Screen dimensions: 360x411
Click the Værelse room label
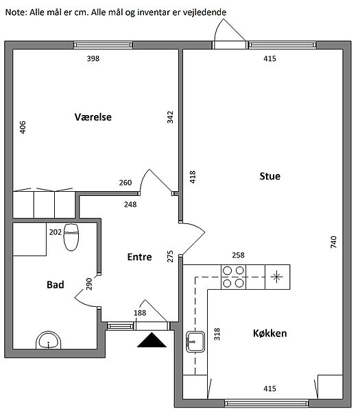coord(93,117)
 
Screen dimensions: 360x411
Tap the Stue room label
coord(269,176)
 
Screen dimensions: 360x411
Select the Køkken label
coord(269,334)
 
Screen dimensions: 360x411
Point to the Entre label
coord(139,257)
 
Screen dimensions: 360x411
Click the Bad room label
coord(55,285)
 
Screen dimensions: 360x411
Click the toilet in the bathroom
coord(71,237)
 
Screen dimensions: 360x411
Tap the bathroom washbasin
coord(48,340)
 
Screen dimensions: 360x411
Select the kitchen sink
coord(195,342)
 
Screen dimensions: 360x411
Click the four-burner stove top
coord(234,277)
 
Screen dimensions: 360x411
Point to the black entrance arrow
coord(152,340)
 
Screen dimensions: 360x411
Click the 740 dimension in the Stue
coord(333,242)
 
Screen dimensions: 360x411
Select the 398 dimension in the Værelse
coord(93,58)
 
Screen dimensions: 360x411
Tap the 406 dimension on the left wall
coord(23,127)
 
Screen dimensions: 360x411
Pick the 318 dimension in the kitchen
coord(217,334)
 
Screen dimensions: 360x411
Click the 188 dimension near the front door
coord(140,313)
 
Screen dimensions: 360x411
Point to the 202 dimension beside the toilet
coord(56,232)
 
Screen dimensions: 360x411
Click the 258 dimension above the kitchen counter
coord(238,255)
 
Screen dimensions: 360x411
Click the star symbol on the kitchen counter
coord(277,277)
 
